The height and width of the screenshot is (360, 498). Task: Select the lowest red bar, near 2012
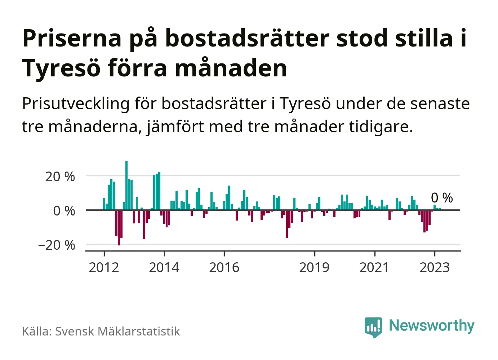click(119, 227)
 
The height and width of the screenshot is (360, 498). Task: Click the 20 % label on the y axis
click(60, 177)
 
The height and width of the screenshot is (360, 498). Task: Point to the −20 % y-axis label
click(57, 245)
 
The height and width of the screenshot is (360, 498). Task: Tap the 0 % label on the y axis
click(64, 211)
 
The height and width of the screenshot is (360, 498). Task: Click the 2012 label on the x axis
click(104, 267)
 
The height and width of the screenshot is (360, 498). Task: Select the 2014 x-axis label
click(164, 267)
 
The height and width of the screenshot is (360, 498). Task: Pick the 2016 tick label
click(224, 267)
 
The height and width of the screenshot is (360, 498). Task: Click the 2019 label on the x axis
click(314, 267)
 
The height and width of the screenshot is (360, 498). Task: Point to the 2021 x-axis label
click(374, 267)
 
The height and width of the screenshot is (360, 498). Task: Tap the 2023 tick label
click(435, 267)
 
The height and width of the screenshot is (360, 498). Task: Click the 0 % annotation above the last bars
click(442, 198)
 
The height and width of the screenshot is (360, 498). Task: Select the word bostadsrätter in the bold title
click(247, 38)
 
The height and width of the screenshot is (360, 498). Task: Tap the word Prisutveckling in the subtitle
click(76, 104)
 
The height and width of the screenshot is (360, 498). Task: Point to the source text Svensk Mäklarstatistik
click(117, 331)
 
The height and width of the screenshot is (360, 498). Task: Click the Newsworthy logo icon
click(373, 327)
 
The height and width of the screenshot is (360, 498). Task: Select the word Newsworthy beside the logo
click(432, 325)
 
